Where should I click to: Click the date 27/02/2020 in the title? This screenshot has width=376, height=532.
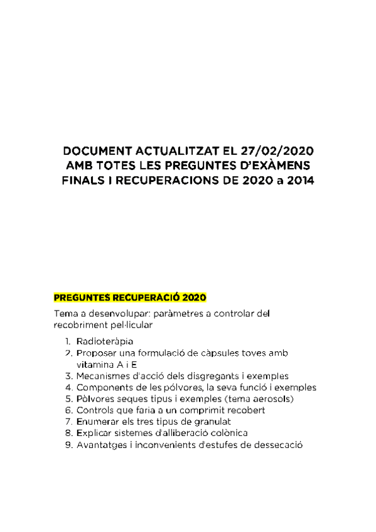[x=277, y=152]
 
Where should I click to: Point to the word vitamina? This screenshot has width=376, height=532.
[x=95, y=364]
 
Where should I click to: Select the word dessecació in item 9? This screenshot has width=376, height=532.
[x=278, y=445]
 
